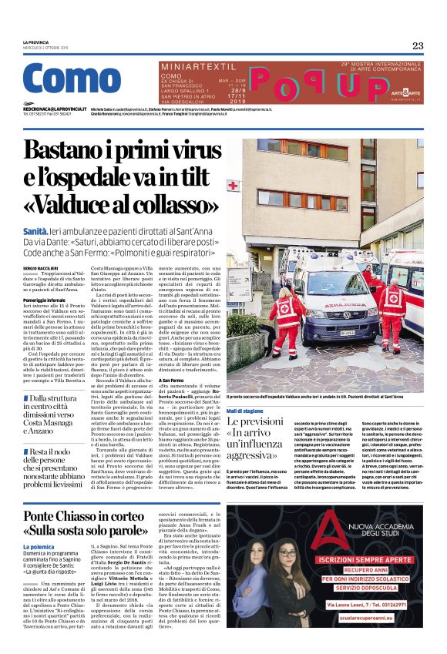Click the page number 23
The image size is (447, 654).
click(417, 45)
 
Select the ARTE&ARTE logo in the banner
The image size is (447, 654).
click(406, 92)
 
